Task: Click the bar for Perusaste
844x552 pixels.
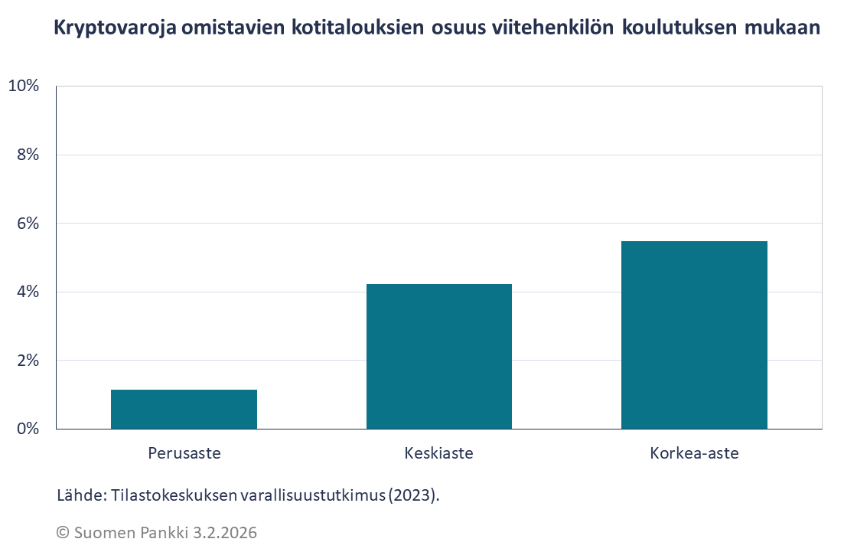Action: pos(184,410)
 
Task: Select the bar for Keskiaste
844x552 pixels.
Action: pos(438,357)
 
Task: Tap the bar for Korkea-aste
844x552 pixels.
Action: pos(694,335)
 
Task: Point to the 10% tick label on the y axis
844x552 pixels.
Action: pos(23,86)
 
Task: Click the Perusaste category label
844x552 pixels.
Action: pos(184,453)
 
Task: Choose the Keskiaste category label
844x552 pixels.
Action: pos(438,453)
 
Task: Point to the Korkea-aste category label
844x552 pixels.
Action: pos(694,453)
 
